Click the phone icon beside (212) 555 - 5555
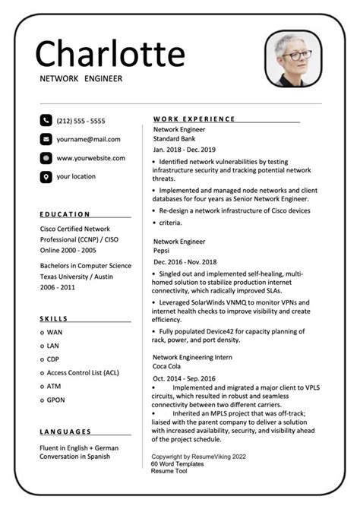point(46,120)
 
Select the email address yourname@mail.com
point(88,139)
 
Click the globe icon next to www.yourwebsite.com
point(46,158)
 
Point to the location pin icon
point(46,177)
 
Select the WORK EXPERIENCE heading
point(194,119)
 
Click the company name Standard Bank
point(177,139)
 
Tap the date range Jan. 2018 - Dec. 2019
point(185,150)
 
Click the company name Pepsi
point(162,250)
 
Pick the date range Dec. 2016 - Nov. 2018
point(185,261)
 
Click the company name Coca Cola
point(169,366)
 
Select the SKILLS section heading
point(54,319)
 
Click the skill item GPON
point(57,400)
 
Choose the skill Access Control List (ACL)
point(83,373)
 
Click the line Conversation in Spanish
point(75,457)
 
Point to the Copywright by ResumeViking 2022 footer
point(198,456)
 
